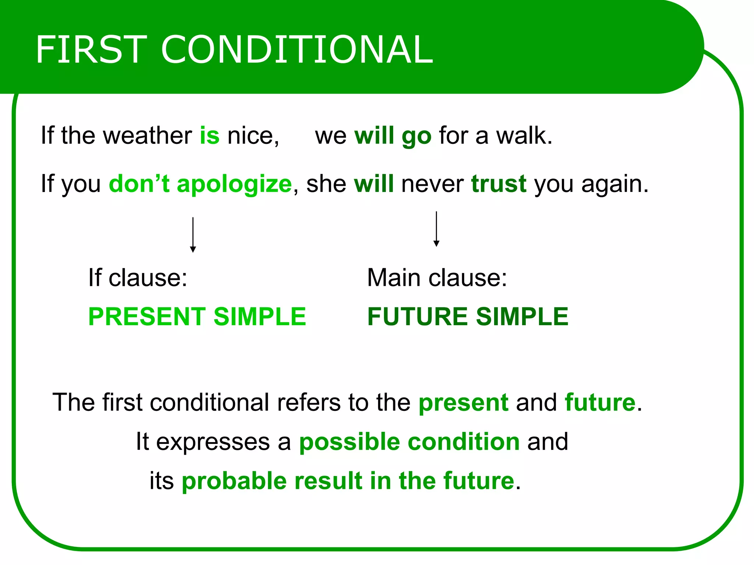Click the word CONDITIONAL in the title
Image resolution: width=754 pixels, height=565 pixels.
point(297,49)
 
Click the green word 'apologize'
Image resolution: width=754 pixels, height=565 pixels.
point(234,184)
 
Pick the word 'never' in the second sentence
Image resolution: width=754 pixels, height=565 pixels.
point(432,184)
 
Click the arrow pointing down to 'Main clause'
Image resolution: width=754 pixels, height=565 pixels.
point(436,229)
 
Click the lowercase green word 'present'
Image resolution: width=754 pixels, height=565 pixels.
point(463,403)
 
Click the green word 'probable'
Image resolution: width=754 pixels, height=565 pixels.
point(234,481)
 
